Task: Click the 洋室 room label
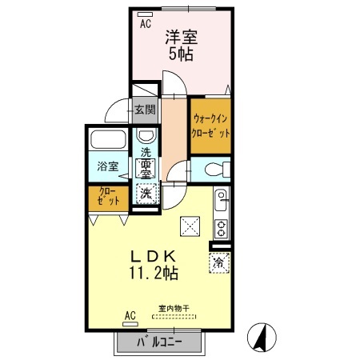tap(182, 37)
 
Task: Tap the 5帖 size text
tap(181, 55)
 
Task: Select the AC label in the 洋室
tap(146, 24)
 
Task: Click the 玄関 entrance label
tap(145, 110)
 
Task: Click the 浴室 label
tap(108, 166)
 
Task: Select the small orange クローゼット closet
tap(105, 197)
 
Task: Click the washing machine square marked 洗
tap(146, 193)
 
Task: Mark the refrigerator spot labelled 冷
tap(218, 261)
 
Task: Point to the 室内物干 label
tap(173, 308)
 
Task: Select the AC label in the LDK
tap(130, 314)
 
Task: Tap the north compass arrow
tap(261, 337)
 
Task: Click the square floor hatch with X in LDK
tap(191, 226)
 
